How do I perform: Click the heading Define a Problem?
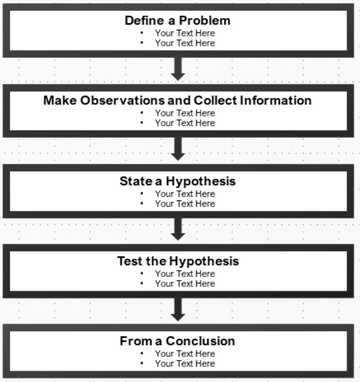(178, 21)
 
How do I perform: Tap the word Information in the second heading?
(276, 100)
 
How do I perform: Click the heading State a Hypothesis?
(178, 181)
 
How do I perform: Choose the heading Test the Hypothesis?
(178, 261)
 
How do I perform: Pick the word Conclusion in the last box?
(200, 341)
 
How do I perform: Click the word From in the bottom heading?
(136, 341)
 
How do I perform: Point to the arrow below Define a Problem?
(178, 69)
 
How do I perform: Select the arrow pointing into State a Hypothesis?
(178, 149)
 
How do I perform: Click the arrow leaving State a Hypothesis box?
(178, 229)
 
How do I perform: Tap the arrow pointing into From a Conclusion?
(178, 309)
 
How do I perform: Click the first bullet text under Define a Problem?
(185, 33)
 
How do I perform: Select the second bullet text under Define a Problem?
(185, 43)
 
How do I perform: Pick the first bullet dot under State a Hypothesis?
(142, 193)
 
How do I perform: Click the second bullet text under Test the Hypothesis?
(185, 284)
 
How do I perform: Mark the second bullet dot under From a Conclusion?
(142, 363)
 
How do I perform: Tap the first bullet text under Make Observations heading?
(185, 113)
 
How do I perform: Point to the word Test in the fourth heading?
(130, 261)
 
